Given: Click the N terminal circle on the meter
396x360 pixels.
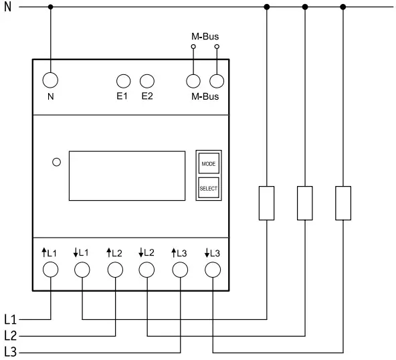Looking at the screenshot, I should (x=51, y=80).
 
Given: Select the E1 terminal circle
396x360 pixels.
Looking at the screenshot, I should (x=123, y=81).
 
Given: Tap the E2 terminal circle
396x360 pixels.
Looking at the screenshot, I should (x=147, y=81).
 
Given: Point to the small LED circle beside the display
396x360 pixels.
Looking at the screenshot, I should (x=57, y=161).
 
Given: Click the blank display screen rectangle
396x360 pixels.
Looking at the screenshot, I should (x=127, y=175).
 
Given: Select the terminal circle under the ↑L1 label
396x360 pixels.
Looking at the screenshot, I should (x=51, y=270).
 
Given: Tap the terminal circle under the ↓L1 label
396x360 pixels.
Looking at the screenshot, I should (x=82, y=270).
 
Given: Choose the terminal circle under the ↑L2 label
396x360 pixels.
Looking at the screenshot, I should (x=115, y=270).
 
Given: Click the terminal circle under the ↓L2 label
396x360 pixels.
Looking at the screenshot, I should (x=147, y=270).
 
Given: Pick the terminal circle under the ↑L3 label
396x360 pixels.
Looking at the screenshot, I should (x=180, y=270).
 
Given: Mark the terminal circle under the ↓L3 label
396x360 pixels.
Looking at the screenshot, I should (x=212, y=270).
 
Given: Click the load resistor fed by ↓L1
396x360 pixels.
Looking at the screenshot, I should (x=267, y=203).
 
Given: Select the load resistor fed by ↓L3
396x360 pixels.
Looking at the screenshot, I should (x=343, y=203).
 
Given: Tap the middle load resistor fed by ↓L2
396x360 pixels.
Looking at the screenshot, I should (x=305, y=203).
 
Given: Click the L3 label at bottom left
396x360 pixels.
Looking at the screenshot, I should (x=11, y=352).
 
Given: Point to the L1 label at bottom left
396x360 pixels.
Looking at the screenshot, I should (x=11, y=319).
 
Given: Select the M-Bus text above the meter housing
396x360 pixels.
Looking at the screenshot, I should (x=205, y=36).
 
